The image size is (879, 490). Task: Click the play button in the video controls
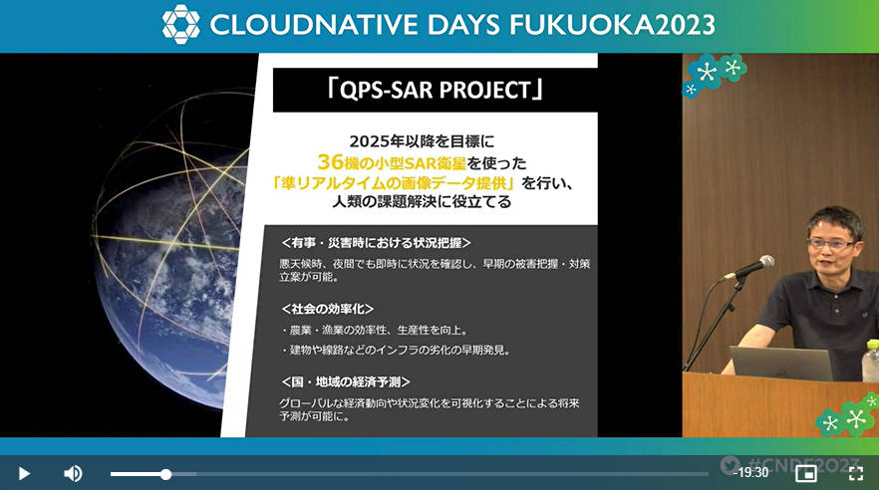pos(24,474)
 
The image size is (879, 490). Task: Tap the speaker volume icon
pos(73,474)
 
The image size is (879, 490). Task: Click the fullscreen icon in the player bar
pos(855,473)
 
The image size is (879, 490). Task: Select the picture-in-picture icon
pos(806,473)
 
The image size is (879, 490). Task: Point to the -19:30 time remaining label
pos(750,473)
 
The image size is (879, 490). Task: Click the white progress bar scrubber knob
pos(165,474)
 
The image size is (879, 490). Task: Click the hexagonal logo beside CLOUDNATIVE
pos(181,25)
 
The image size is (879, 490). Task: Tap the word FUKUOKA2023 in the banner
pos(612,25)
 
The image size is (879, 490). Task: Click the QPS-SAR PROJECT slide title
pos(435,90)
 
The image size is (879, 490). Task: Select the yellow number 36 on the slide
pos(330,162)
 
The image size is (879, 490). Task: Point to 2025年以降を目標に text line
pos(423,141)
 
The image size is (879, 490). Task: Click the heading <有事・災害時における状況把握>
pos(376,242)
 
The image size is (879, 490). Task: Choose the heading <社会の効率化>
pos(327,309)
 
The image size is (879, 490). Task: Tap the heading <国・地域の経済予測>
pos(345,381)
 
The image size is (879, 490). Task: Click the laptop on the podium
pos(781,363)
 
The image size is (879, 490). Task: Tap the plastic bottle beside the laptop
pos(871,361)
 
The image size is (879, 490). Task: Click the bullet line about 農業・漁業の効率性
pos(375,331)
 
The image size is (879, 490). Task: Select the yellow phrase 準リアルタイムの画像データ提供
pos(394,182)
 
